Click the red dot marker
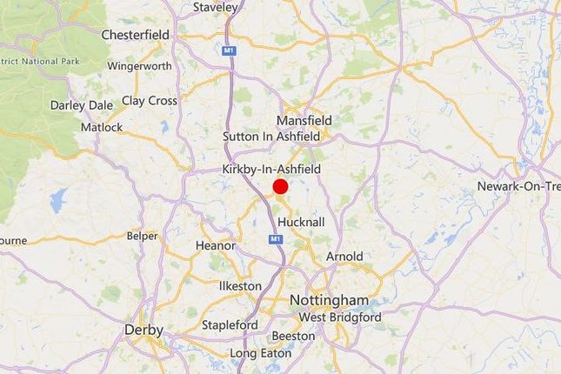click(280, 186)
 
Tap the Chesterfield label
click(135, 35)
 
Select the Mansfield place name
click(304, 120)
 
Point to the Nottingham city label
click(328, 300)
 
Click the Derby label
click(144, 330)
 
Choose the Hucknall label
click(302, 222)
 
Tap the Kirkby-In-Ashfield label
click(271, 169)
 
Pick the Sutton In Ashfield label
click(271, 137)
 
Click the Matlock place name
click(96, 127)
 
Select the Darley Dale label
click(81, 105)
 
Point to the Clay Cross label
click(150, 101)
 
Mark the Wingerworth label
click(140, 64)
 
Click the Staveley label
click(215, 7)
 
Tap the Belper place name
click(143, 236)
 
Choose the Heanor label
click(216, 246)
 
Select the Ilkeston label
click(239, 285)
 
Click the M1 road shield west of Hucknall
click(275, 238)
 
